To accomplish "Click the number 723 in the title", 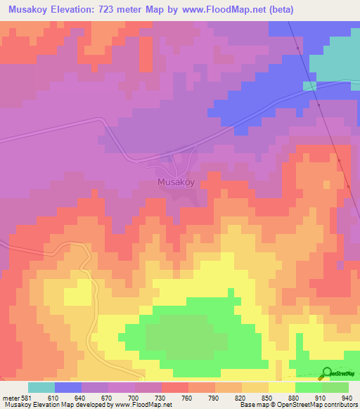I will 112,10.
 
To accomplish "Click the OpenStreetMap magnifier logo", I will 328,372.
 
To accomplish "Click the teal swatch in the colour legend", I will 41,387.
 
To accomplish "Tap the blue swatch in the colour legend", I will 68,387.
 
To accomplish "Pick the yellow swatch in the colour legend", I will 281,387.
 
